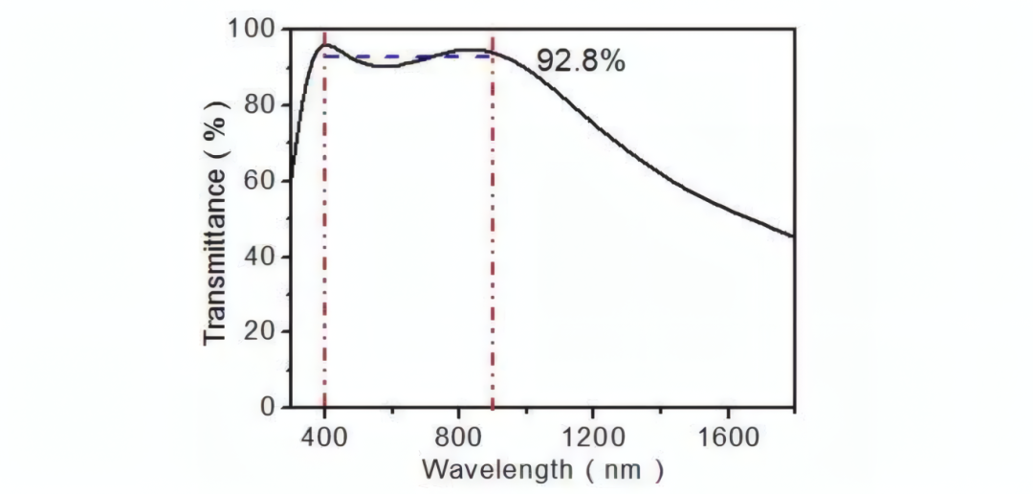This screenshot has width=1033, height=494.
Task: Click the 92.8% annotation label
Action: (x=580, y=61)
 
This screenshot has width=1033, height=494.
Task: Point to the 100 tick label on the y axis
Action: (x=252, y=30)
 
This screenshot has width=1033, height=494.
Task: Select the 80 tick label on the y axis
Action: (x=260, y=105)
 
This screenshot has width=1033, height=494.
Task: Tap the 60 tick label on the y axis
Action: (x=260, y=181)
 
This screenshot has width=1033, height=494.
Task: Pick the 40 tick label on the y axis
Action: (x=260, y=257)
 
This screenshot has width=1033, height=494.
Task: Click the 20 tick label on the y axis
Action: (x=260, y=331)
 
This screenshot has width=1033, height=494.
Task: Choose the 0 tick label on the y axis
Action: (x=268, y=407)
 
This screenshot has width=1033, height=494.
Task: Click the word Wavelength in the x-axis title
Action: (x=495, y=470)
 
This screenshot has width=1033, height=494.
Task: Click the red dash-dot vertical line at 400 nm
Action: (x=325, y=239)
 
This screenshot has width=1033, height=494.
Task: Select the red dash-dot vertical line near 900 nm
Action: (x=493, y=239)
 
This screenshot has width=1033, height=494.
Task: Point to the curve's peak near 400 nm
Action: (x=325, y=45)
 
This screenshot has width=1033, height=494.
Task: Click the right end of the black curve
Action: (x=793, y=236)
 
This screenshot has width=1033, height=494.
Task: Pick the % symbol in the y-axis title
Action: (x=216, y=127)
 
